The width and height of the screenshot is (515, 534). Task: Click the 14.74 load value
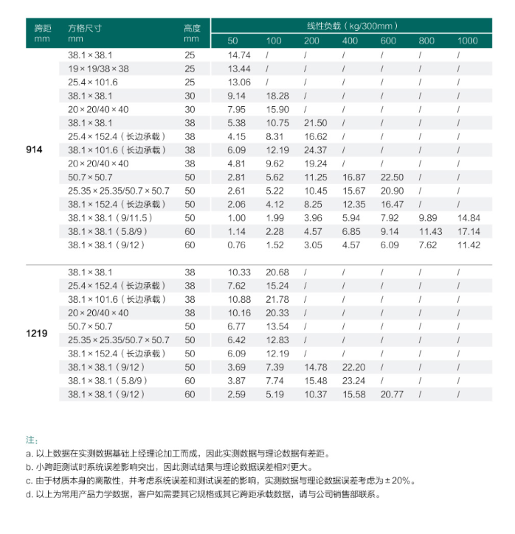coord(239,55)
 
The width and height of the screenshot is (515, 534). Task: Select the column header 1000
coord(468,41)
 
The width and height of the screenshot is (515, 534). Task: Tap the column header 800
coord(426,41)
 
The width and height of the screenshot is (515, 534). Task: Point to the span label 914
coord(35,150)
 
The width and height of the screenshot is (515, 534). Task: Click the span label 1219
coord(37,333)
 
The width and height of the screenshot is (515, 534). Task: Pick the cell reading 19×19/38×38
coord(98,68)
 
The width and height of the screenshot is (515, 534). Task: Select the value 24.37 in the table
coord(315,150)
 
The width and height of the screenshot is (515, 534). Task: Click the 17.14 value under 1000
coord(469,231)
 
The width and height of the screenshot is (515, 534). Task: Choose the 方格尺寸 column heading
coord(84,28)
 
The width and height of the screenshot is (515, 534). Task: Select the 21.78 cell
coord(277,299)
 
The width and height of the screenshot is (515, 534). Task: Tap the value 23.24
coord(354,381)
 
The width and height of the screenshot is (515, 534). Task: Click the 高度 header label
coord(191,28)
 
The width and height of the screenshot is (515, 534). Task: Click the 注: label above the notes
coord(32,440)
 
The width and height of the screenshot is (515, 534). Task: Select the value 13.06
coord(239,82)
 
